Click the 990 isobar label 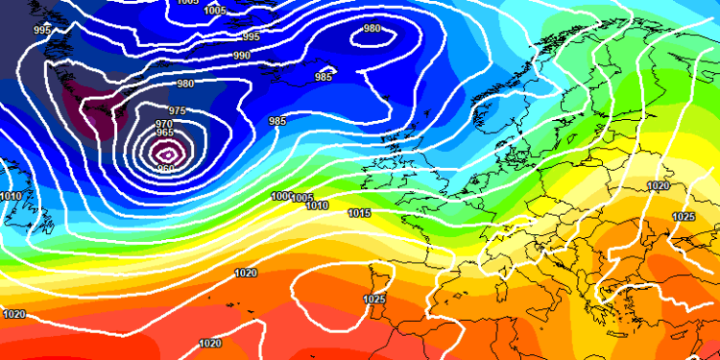(242, 56)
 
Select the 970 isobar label (164, 124)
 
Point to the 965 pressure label (164, 134)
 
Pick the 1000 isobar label (280, 196)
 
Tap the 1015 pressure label (360, 212)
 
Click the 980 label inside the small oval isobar (372, 28)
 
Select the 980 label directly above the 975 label (184, 84)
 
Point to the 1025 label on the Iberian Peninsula (374, 300)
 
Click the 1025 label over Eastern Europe (684, 217)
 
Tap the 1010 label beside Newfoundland (11, 196)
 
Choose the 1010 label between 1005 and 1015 (317, 205)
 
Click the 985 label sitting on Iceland (324, 77)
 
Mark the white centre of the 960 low (168, 152)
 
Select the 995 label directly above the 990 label (251, 36)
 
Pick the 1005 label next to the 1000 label (302, 198)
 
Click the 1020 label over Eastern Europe (658, 186)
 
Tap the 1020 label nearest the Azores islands (246, 273)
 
